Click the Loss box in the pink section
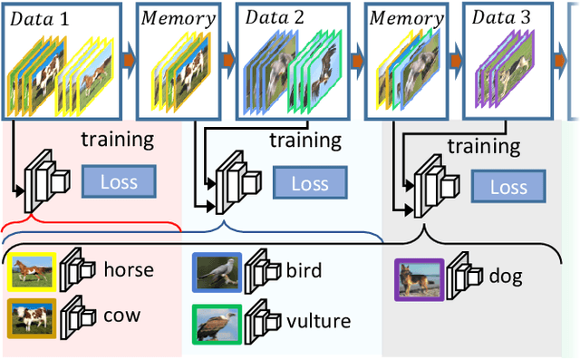pos(119,181)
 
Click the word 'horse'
pos(128,269)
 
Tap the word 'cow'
pos(121,316)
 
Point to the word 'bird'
pos(304,270)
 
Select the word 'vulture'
pos(318,321)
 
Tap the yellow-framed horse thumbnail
pos(31,270)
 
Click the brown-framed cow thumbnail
pos(31,317)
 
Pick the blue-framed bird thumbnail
pos(217,271)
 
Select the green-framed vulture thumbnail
pos(217,323)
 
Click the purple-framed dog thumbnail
pos(419,279)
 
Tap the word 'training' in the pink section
pos(118,140)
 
